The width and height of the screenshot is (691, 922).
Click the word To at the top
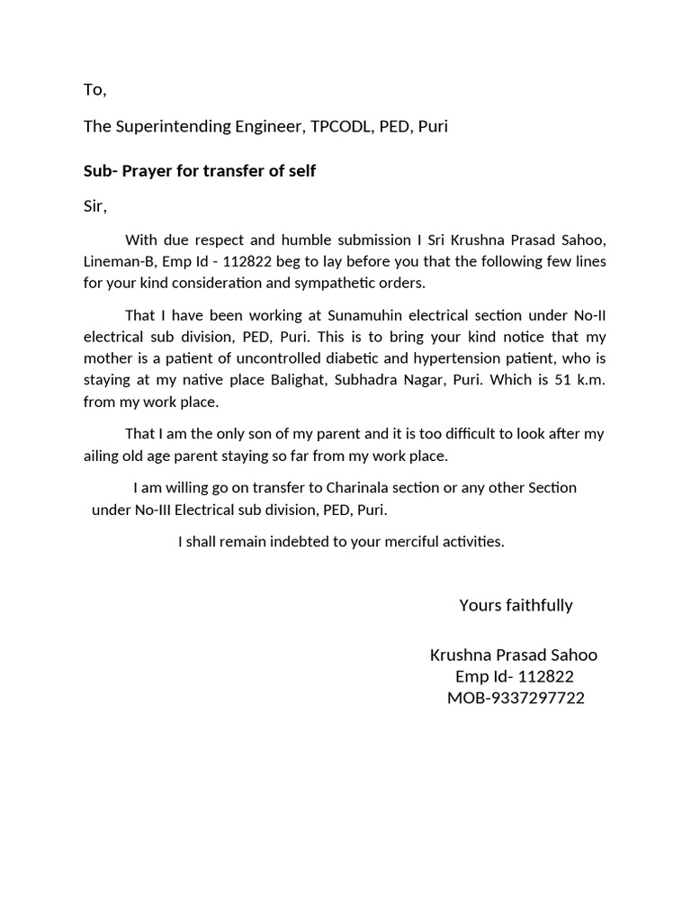point(94,89)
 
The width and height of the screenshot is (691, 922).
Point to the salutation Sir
point(94,206)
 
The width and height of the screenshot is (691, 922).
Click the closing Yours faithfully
point(516,605)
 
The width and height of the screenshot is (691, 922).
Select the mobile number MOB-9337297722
point(516,698)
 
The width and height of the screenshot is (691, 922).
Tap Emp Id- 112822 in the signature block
point(515,676)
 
